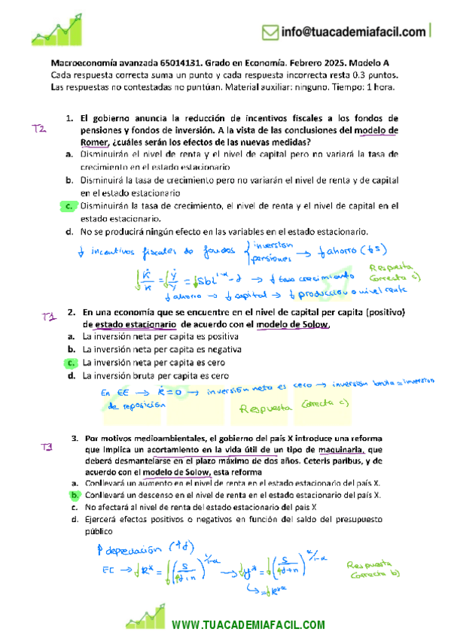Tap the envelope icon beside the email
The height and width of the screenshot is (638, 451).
coord(269,32)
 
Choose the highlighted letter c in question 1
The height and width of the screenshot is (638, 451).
coord(69,205)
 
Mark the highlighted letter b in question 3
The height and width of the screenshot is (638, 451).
coord(75,495)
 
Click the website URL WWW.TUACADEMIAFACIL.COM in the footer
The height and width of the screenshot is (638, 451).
coord(248,625)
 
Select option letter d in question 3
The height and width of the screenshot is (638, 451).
coord(75,519)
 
